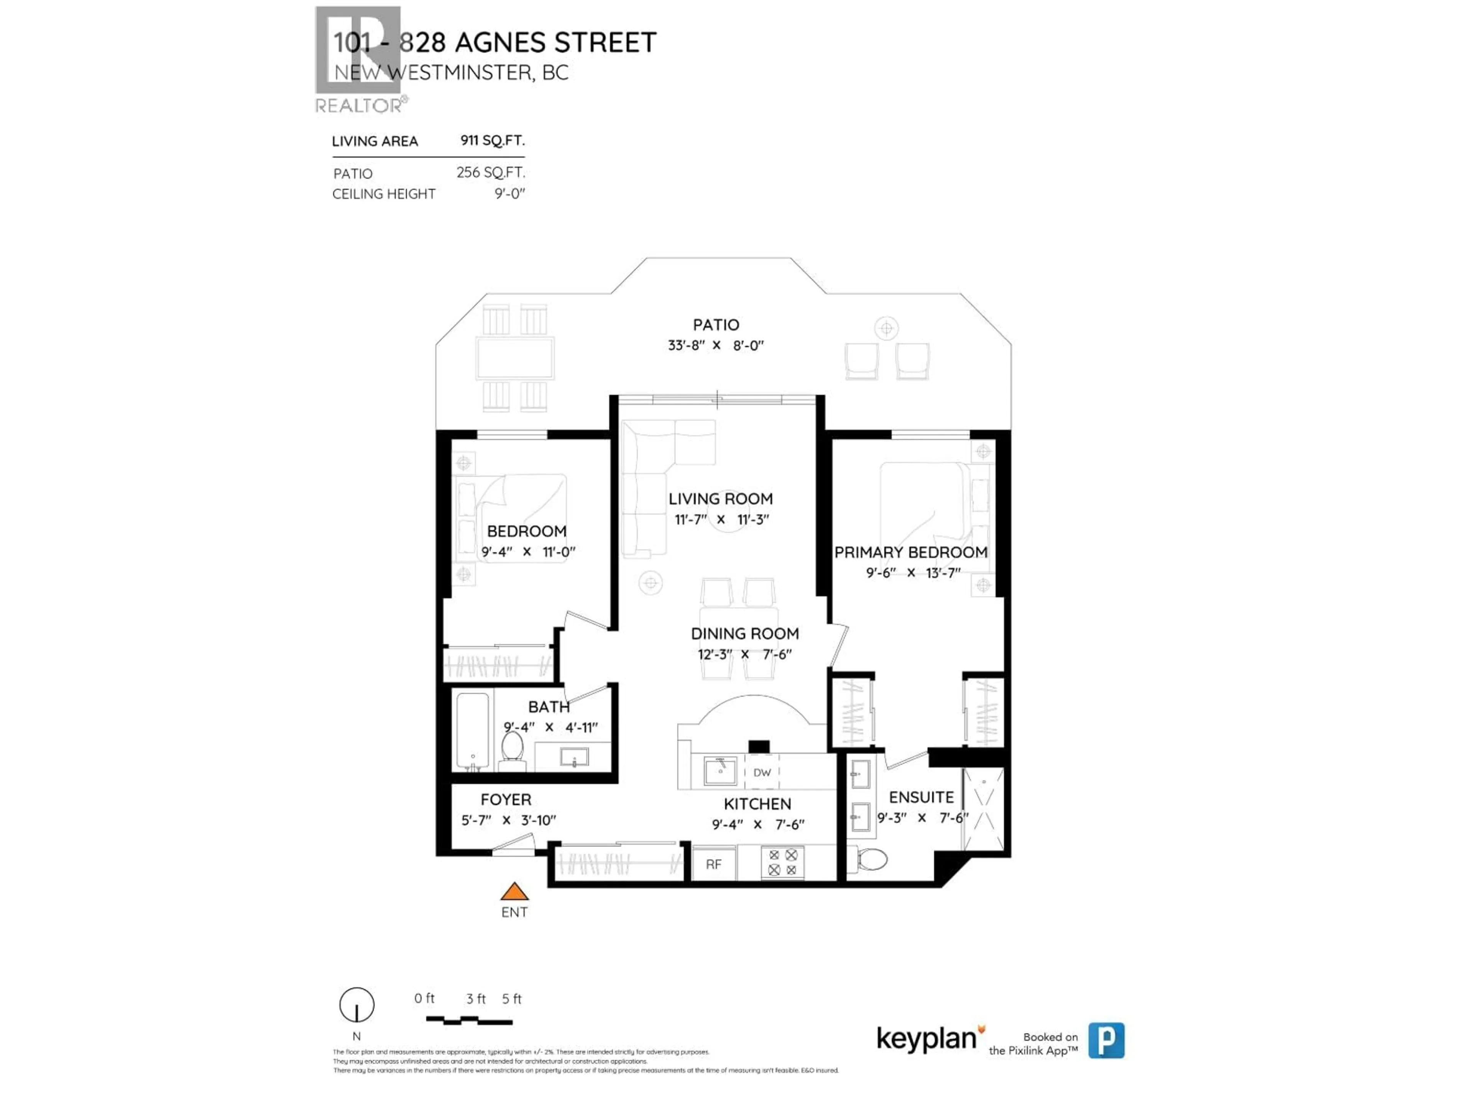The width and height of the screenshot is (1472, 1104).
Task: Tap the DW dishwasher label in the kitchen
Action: (762, 772)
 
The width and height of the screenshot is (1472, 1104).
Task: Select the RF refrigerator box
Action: (713, 864)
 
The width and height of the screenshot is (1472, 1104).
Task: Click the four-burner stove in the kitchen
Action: (783, 863)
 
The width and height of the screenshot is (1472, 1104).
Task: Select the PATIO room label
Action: (716, 325)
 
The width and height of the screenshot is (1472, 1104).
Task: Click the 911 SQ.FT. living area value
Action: (493, 140)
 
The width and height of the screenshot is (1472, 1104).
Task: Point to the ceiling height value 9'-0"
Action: (510, 194)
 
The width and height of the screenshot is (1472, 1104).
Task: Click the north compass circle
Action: (356, 1005)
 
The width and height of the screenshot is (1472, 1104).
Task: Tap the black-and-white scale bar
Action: (469, 1020)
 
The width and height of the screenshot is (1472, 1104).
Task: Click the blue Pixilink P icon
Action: (1106, 1040)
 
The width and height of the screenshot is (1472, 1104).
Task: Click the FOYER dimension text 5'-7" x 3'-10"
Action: (508, 820)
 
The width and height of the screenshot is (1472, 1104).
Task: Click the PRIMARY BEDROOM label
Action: (910, 552)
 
